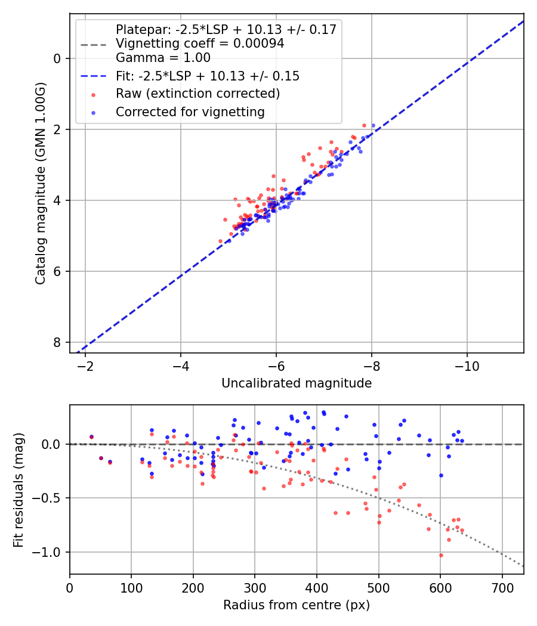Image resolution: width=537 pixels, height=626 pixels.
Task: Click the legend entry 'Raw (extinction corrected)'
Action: pyautogui.click(x=197, y=94)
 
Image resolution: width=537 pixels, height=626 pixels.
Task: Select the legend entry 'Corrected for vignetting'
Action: pyautogui.click(x=190, y=111)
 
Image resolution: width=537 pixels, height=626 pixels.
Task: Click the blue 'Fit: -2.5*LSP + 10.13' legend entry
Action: pyautogui.click(x=207, y=76)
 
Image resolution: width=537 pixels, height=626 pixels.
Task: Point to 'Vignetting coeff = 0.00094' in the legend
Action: pyautogui.click(x=200, y=44)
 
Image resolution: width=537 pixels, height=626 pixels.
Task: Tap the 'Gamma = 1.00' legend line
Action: pyautogui.click(x=163, y=58)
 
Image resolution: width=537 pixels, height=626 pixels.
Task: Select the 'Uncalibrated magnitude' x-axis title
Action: pyautogui.click(x=297, y=383)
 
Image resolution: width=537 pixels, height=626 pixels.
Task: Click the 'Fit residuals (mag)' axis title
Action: pyautogui.click(x=18, y=489)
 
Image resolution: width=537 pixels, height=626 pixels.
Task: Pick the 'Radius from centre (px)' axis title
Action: pyautogui.click(x=297, y=605)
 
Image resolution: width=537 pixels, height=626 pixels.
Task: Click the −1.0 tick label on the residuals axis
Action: pyautogui.click(x=51, y=552)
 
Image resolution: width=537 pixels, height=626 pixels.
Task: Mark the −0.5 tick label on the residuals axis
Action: pyautogui.click(x=51, y=498)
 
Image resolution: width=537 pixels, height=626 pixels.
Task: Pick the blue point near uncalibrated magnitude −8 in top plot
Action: pyautogui.click(x=374, y=126)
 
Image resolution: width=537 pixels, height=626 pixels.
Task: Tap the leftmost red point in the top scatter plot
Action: pyautogui.click(x=220, y=241)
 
